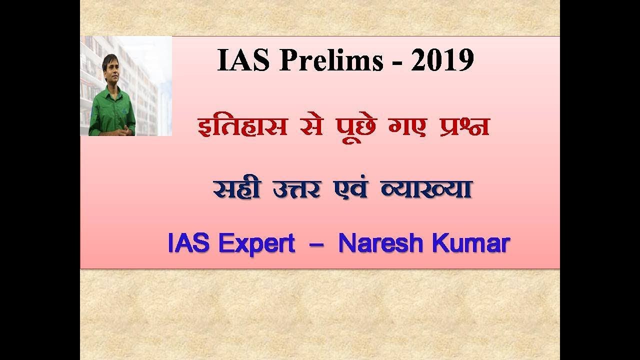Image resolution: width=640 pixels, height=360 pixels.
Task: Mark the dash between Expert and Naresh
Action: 316,245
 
